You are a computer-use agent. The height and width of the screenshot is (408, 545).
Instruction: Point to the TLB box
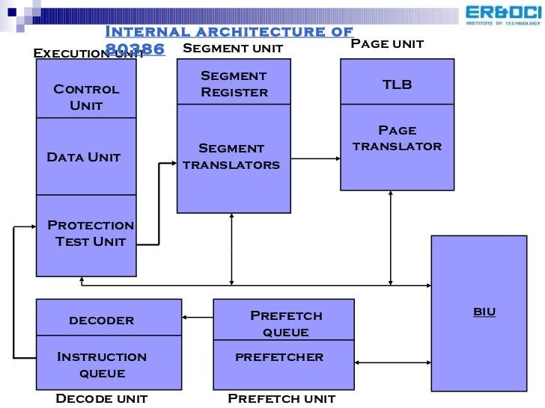(x=397, y=84)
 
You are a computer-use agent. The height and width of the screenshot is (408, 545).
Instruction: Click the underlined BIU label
(x=484, y=312)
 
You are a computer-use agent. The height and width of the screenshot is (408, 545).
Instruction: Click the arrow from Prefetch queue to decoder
(x=198, y=318)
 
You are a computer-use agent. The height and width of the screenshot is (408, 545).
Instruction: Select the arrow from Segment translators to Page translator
(x=315, y=158)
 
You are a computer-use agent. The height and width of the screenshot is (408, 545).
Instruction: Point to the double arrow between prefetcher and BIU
(x=392, y=363)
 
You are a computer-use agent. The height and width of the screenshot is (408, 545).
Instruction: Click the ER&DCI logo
(x=502, y=15)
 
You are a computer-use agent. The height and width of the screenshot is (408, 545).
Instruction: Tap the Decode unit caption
(x=102, y=399)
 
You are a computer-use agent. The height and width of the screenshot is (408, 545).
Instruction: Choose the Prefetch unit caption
(x=281, y=399)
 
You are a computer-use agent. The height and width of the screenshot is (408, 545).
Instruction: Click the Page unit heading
(x=387, y=44)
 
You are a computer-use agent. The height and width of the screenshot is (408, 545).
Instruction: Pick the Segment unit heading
(x=233, y=49)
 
